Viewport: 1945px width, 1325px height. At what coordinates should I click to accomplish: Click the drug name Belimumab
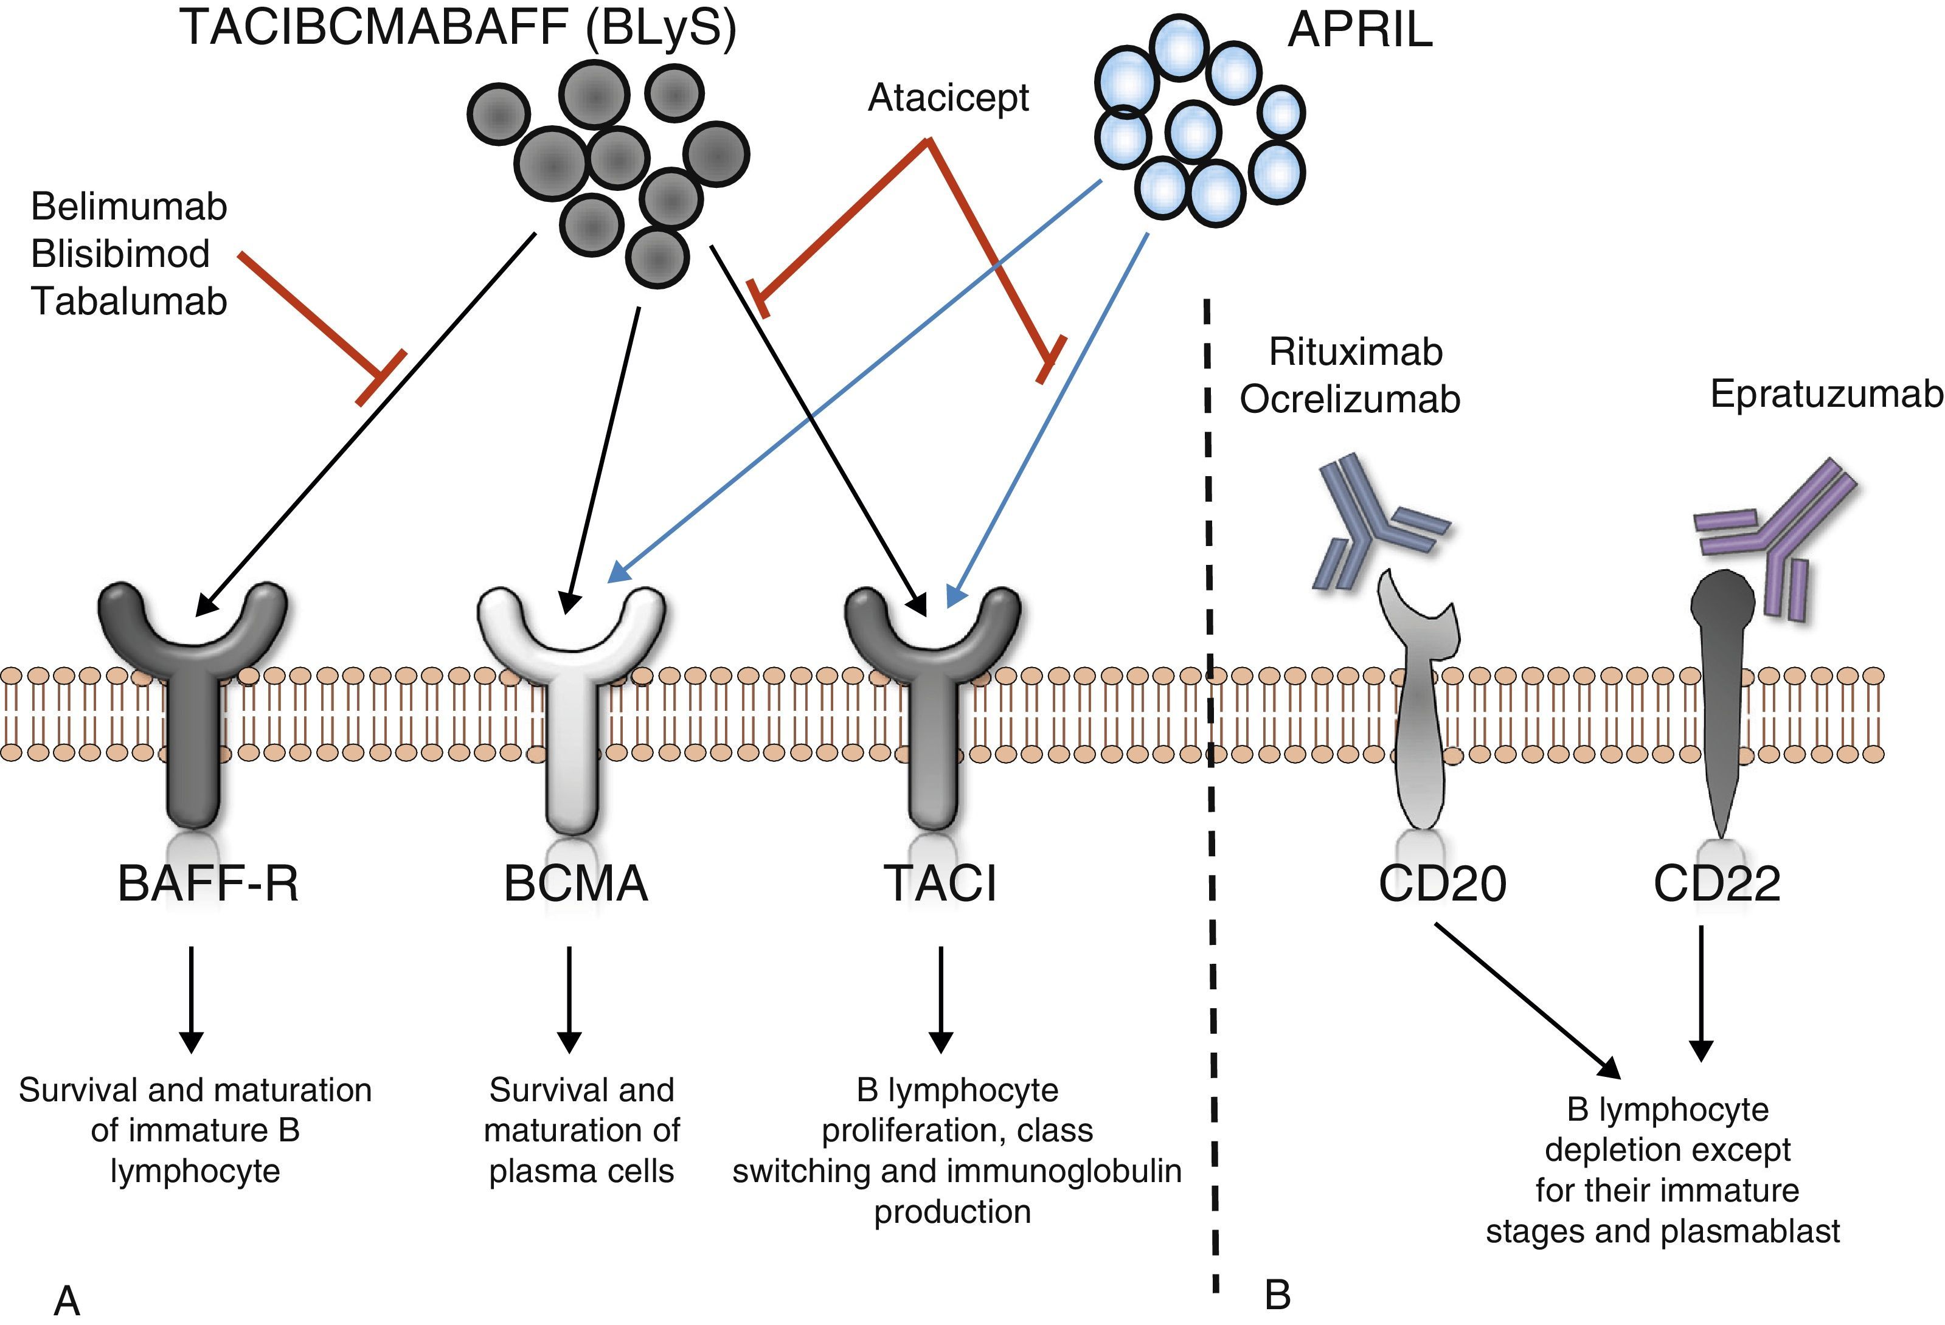click(x=129, y=207)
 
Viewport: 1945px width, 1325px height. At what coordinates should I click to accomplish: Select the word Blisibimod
click(x=120, y=254)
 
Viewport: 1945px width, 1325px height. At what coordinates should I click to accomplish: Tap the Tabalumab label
click(x=129, y=302)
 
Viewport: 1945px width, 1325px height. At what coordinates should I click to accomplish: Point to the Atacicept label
click(x=948, y=99)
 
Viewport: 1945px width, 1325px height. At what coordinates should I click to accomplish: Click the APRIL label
click(x=1359, y=31)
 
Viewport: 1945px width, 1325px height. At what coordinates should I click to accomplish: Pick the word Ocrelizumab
click(x=1349, y=400)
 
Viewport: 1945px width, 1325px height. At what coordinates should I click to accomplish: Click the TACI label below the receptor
click(x=940, y=883)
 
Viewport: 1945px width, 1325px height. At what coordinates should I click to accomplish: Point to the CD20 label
click(x=1442, y=883)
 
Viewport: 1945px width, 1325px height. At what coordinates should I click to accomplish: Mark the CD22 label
click(x=1716, y=883)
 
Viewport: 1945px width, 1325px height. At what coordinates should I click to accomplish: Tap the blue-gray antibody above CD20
click(x=1373, y=523)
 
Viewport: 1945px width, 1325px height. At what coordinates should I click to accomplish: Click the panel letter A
click(x=67, y=1301)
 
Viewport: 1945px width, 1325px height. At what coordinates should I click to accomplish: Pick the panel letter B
click(x=1277, y=1295)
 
